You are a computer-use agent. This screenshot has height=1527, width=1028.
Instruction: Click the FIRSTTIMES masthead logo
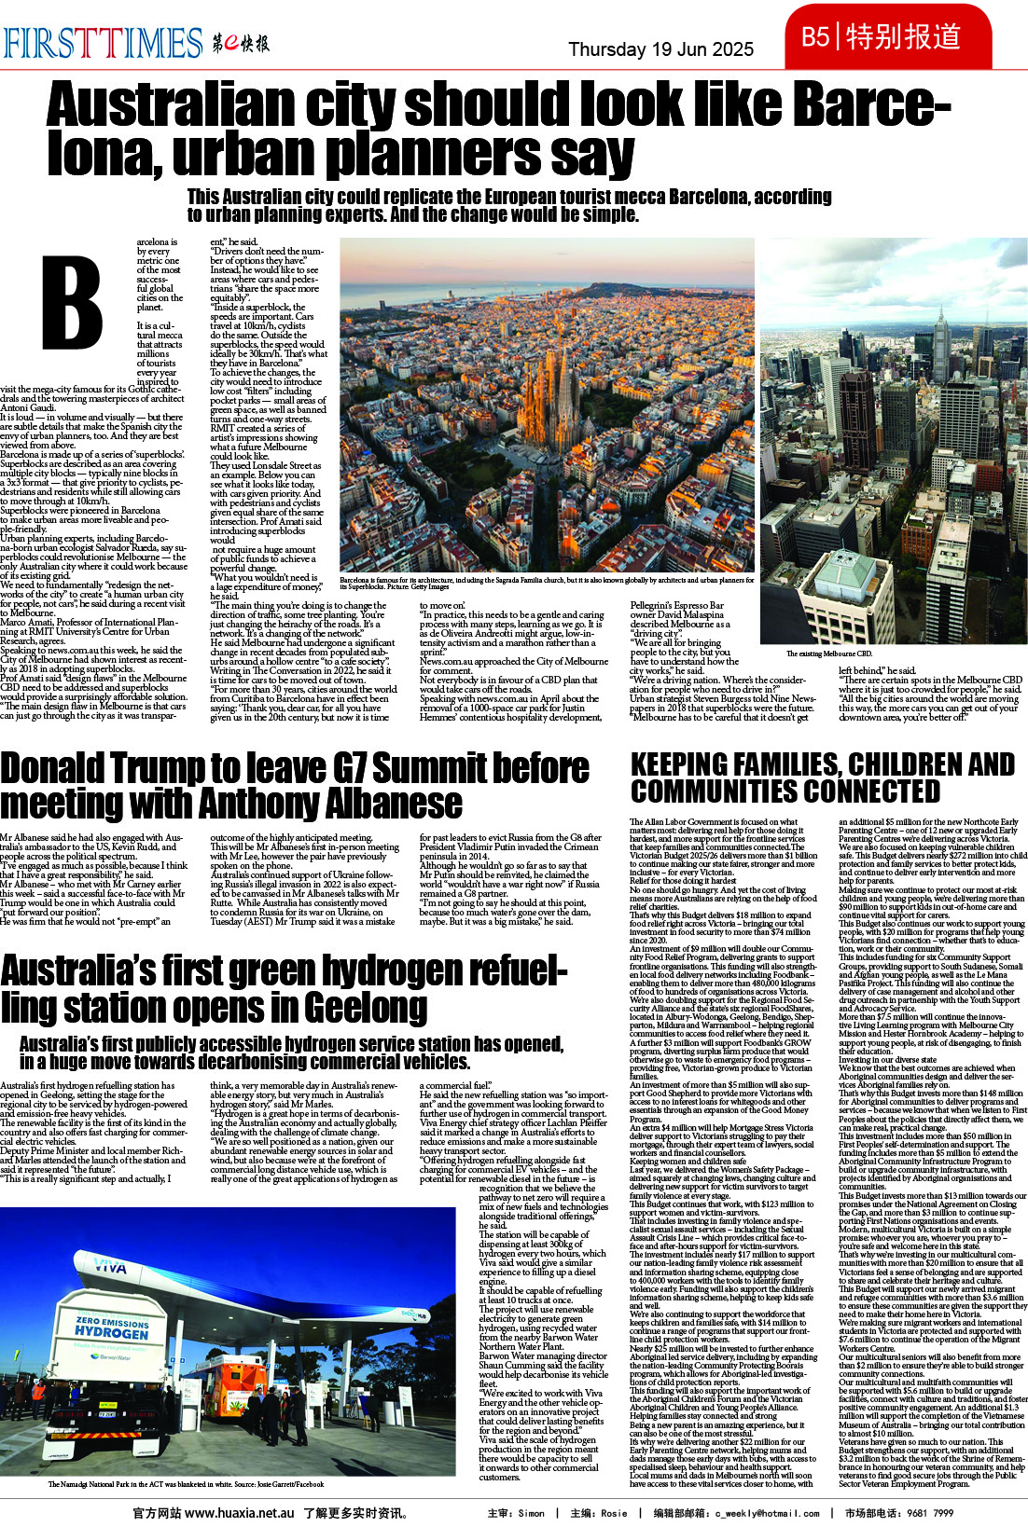[103, 42]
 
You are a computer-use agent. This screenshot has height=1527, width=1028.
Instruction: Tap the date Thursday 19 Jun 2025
[660, 49]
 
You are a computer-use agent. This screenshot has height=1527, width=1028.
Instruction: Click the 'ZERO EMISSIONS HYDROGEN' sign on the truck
[112, 1328]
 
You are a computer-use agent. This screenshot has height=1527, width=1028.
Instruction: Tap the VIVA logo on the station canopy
[110, 1269]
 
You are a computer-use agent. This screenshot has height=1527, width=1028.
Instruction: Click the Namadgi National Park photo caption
[186, 1484]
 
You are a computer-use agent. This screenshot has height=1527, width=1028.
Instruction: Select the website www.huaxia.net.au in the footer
[240, 1513]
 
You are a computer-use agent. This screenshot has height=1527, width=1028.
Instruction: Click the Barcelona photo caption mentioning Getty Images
[546, 583]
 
